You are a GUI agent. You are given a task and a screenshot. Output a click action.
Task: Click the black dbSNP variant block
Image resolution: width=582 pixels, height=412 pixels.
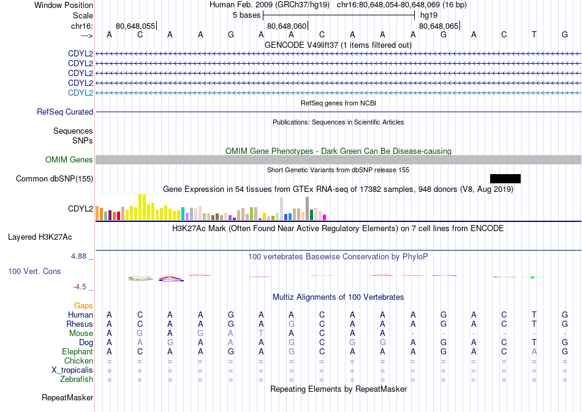pos(505,178)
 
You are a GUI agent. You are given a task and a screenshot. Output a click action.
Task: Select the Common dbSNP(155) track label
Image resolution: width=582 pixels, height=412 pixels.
pos(55,178)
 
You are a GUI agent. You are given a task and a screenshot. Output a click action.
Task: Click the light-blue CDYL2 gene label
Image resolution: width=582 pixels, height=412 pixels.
pos(80,93)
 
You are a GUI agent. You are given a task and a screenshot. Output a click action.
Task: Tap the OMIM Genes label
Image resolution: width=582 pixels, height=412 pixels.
pos(69,160)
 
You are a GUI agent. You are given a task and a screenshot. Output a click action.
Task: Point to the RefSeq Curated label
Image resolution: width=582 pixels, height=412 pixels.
pos(65,112)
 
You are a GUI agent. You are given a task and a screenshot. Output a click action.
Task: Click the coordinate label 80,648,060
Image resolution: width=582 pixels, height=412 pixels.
pos(287,26)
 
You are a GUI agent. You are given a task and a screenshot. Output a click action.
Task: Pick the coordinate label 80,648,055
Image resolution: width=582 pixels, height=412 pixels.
pos(135,26)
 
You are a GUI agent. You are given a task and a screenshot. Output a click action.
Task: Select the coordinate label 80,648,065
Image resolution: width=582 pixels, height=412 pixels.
pos(439,26)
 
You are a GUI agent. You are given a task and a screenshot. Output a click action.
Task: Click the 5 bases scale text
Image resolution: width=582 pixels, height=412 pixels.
pos(246,15)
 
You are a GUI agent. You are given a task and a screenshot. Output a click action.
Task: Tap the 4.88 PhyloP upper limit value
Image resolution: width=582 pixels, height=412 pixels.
pos(78,256)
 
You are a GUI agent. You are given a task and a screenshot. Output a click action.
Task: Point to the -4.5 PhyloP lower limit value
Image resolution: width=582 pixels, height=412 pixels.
pos(80,287)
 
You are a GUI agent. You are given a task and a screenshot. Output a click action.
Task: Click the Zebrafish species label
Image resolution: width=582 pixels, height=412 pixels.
pos(77,380)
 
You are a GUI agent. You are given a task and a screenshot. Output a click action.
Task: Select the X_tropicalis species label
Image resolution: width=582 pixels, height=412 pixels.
pos(72,370)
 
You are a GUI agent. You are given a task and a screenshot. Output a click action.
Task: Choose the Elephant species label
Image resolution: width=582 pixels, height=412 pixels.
pos(78,351)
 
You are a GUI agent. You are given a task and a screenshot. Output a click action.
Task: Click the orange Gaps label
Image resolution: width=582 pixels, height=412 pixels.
pos(83,305)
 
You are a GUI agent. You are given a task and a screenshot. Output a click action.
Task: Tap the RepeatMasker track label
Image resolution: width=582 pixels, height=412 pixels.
pos(67,397)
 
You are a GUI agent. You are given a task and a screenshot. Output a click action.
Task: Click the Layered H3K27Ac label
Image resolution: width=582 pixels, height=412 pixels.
pos(40,237)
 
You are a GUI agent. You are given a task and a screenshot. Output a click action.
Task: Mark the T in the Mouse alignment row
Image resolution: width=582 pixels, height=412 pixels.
pos(261,334)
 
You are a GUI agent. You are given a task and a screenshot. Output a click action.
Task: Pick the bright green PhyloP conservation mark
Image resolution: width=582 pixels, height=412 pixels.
pos(532,277)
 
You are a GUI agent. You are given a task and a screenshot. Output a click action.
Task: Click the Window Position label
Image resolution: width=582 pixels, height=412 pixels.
pos(64,5)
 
